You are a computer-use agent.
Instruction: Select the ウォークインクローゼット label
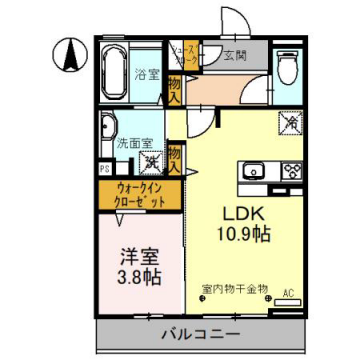(x=139, y=193)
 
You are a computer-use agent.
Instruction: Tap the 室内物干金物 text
(x=234, y=290)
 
